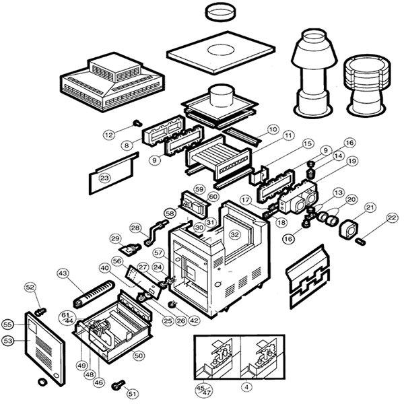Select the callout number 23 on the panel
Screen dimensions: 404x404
click(104, 178)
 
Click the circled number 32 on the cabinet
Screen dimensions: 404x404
click(234, 234)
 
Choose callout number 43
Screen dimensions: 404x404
click(63, 273)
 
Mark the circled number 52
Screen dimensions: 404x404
click(30, 288)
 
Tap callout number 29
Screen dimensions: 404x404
click(114, 238)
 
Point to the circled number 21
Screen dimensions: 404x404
click(370, 207)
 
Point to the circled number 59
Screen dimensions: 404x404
click(199, 189)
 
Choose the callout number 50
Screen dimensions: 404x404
click(139, 354)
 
